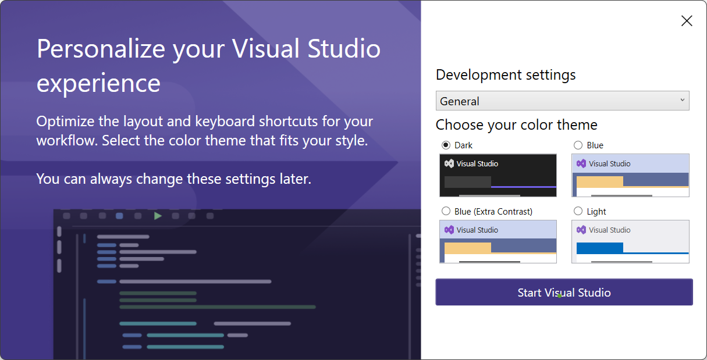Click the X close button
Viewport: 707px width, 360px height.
(687, 21)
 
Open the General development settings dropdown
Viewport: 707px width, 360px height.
(563, 101)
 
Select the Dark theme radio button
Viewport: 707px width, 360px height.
(446, 145)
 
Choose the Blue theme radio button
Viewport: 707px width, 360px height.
(578, 145)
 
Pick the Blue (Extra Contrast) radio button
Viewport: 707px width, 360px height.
(446, 211)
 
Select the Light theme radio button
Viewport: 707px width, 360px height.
(578, 211)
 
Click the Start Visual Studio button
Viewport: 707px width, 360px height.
(564, 292)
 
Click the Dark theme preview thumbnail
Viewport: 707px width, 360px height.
(498, 176)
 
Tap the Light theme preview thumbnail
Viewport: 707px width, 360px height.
(630, 242)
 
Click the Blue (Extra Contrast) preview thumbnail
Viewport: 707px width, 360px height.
(498, 242)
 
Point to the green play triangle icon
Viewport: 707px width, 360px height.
(158, 216)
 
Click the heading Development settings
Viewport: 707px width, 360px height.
(506, 75)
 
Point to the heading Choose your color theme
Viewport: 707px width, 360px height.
(516, 125)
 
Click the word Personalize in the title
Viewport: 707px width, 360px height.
(101, 49)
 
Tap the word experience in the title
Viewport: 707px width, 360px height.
(98, 83)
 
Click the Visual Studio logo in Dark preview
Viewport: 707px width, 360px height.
(449, 163)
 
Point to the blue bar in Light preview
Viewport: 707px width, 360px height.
(600, 248)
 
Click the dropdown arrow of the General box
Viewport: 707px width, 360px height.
(682, 100)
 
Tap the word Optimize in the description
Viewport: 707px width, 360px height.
(65, 122)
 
